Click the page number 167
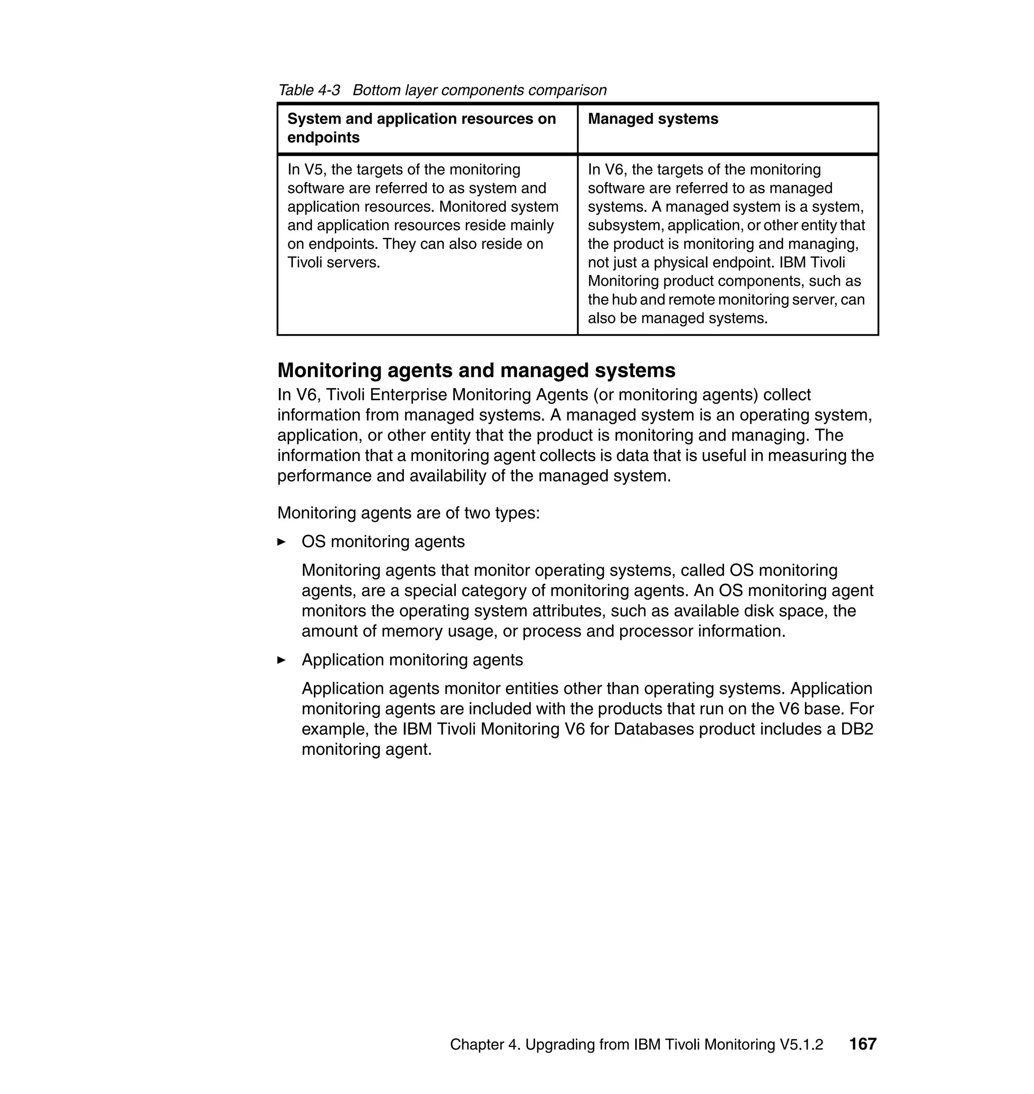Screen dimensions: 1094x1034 tap(862, 1044)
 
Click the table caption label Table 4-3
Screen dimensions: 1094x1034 tap(308, 90)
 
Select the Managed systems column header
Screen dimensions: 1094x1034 tap(653, 119)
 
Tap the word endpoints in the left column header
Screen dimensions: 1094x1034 tap(323, 138)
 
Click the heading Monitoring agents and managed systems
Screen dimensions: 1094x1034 tap(476, 370)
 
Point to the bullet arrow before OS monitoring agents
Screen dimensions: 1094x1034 tap(281, 542)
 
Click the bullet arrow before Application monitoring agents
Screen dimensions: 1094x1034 tap(281, 660)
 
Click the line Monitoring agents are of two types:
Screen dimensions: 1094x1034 tap(408, 513)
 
